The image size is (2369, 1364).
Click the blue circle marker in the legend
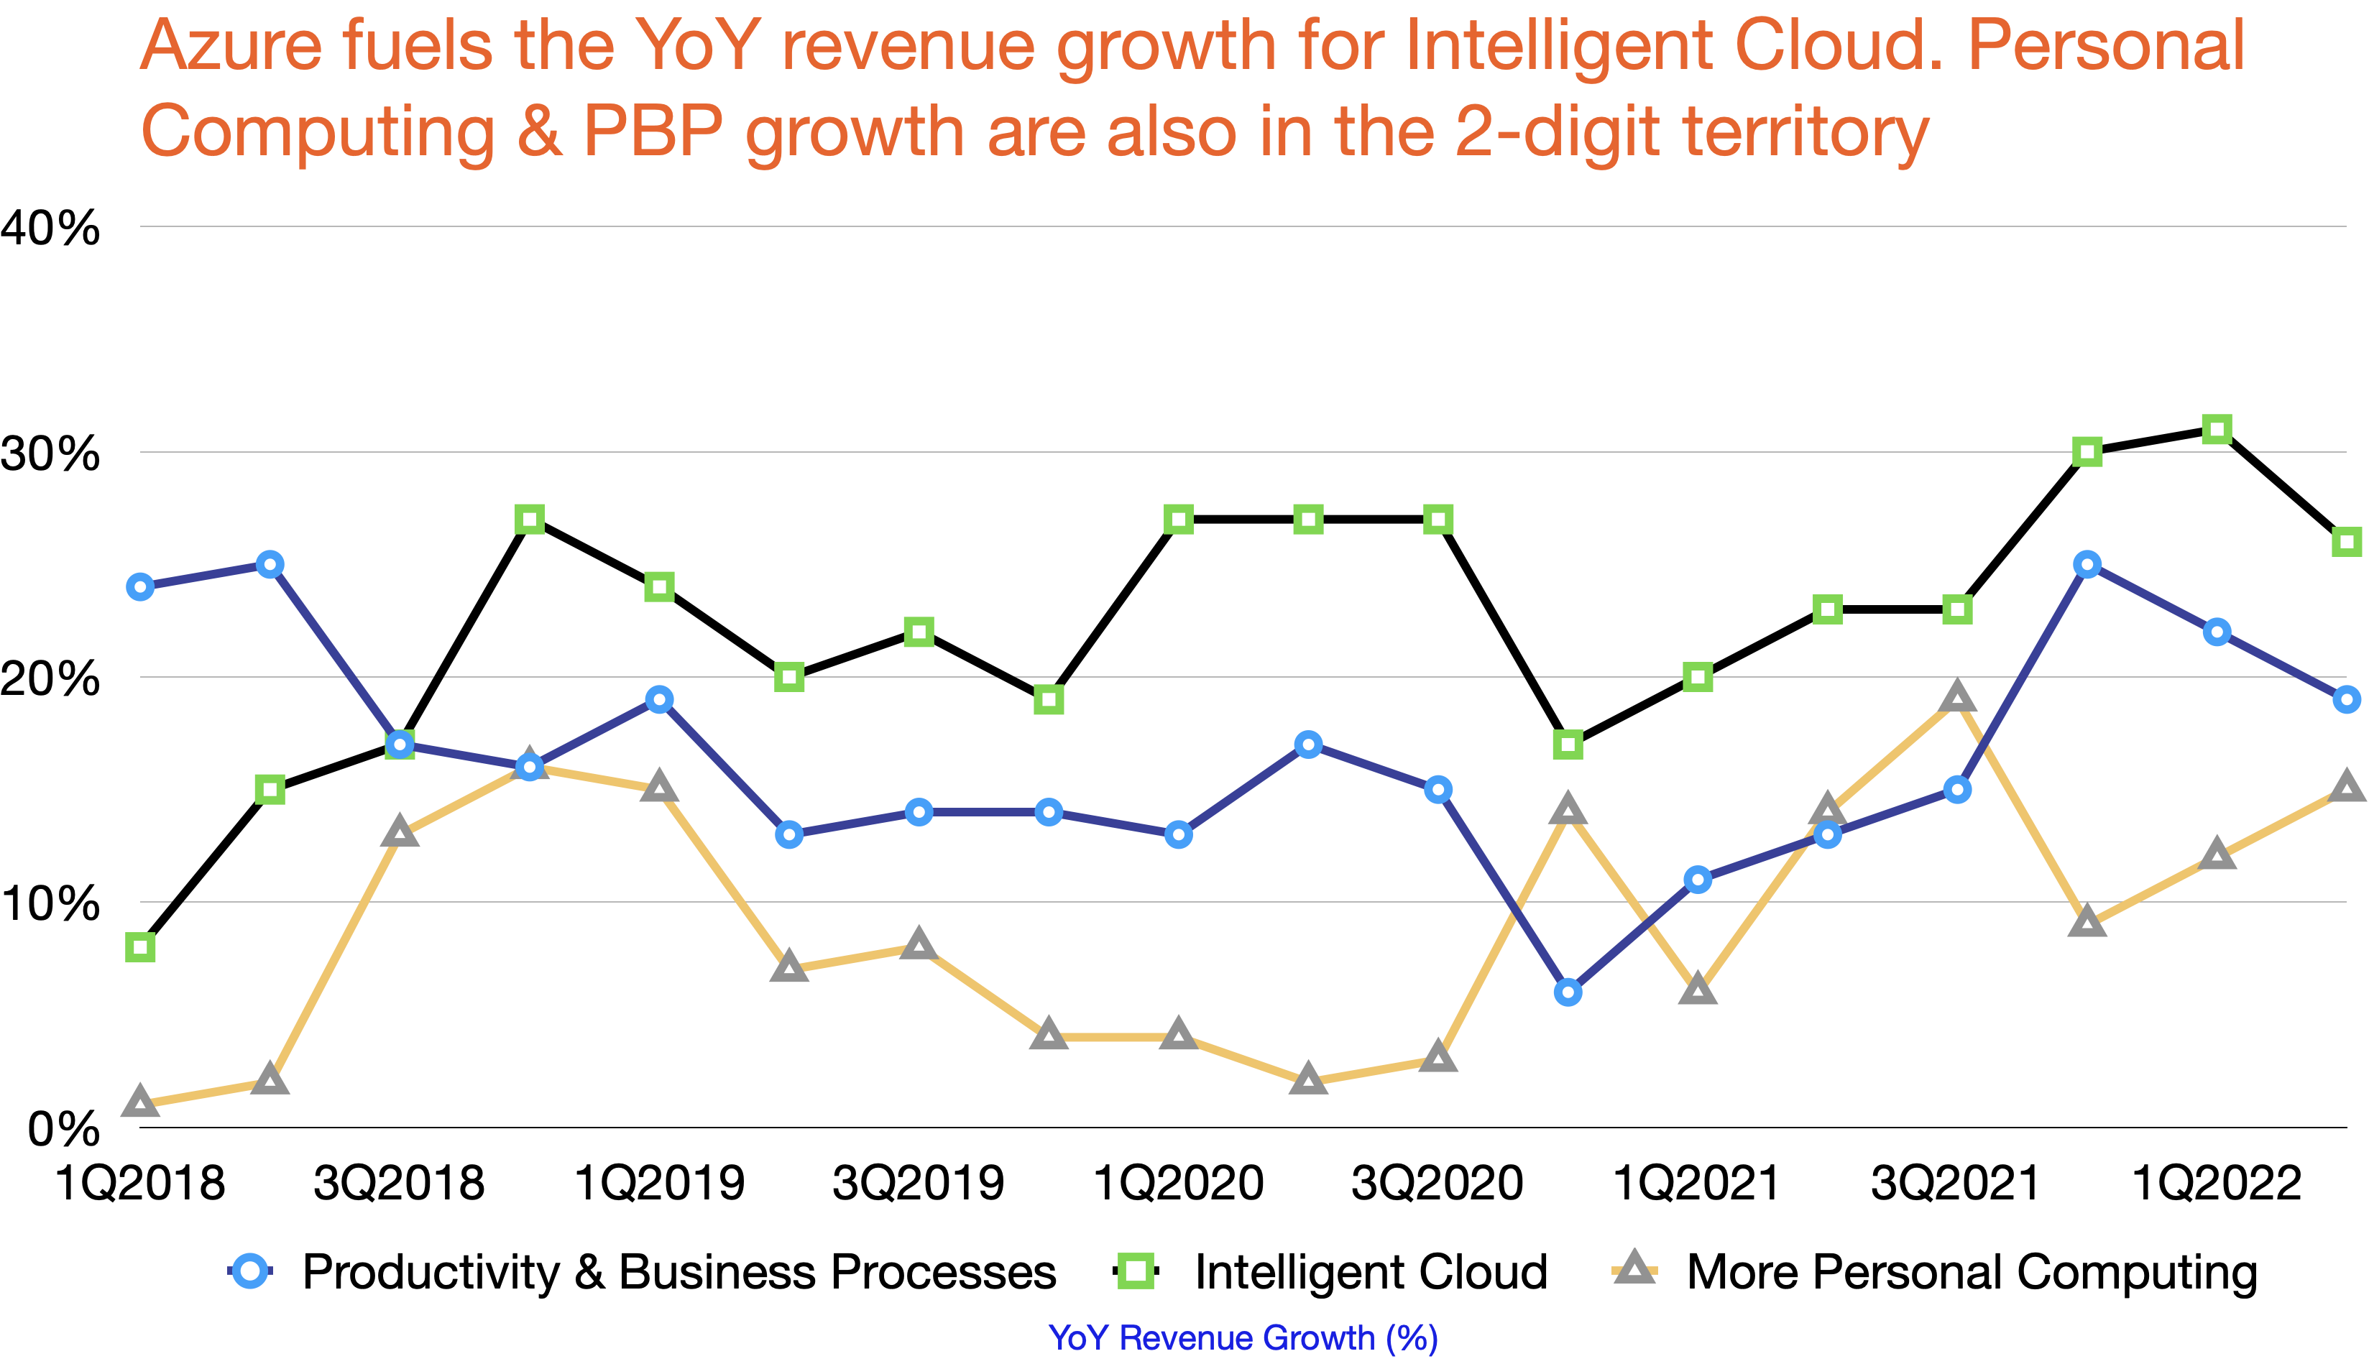(250, 1271)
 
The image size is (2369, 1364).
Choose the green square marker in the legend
(1136, 1271)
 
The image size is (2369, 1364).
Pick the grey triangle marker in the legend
(1634, 1268)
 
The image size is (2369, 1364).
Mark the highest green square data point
(2217, 429)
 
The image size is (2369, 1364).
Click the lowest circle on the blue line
(1567, 992)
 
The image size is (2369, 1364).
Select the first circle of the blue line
(140, 587)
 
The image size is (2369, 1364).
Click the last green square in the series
(2347, 541)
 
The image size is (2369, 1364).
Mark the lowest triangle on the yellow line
(140, 1102)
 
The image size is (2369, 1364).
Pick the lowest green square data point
(140, 947)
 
